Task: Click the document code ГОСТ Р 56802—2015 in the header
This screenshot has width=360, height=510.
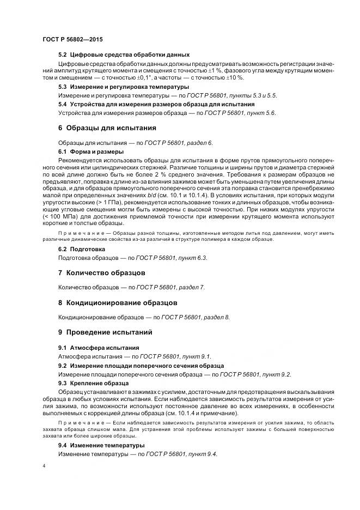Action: pos(72,40)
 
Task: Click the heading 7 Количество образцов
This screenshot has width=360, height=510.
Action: pos(101,272)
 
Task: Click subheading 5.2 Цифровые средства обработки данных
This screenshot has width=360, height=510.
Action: pos(124,54)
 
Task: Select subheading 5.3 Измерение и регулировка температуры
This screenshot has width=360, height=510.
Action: pos(124,87)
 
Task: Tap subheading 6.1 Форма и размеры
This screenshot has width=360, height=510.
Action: pos(90,151)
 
